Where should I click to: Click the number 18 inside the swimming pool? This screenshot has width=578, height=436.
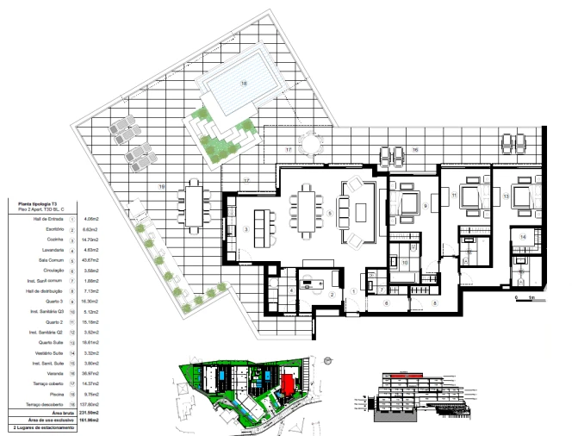(244, 84)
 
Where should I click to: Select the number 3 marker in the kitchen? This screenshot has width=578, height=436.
(246, 229)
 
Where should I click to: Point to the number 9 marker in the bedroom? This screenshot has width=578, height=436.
(426, 207)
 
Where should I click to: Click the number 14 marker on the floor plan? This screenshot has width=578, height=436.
(524, 235)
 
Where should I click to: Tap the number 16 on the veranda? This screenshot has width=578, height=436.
(414, 150)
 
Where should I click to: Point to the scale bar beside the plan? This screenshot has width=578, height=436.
(525, 297)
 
